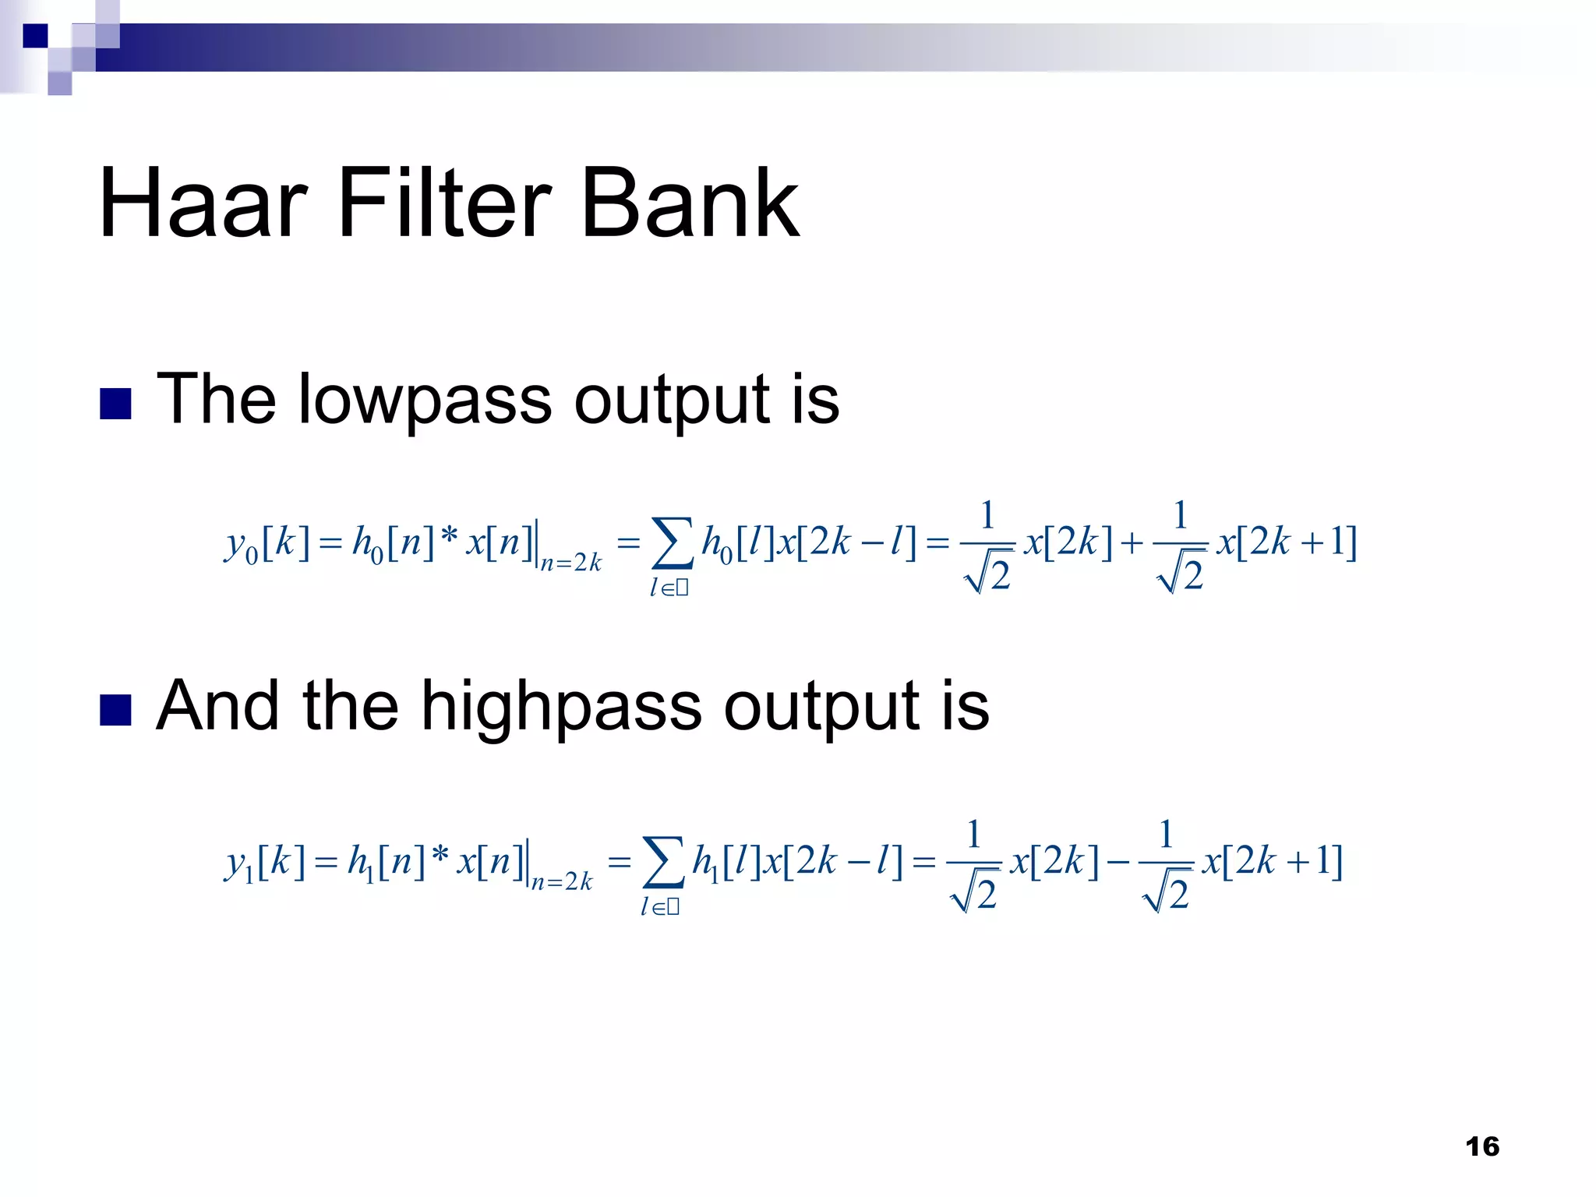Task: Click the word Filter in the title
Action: pos(444,204)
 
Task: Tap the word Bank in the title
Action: pos(690,204)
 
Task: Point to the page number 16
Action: pos(1481,1146)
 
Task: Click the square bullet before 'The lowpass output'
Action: pos(115,404)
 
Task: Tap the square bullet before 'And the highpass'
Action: pos(115,710)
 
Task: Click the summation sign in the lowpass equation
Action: pos(672,543)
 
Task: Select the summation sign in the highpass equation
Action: pos(662,863)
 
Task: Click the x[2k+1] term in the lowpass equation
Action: pos(1287,542)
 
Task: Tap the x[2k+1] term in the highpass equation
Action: pos(1273,861)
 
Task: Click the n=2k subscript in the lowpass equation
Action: pos(571,563)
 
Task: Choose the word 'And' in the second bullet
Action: pos(217,706)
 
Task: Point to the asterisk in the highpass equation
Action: pos(440,855)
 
